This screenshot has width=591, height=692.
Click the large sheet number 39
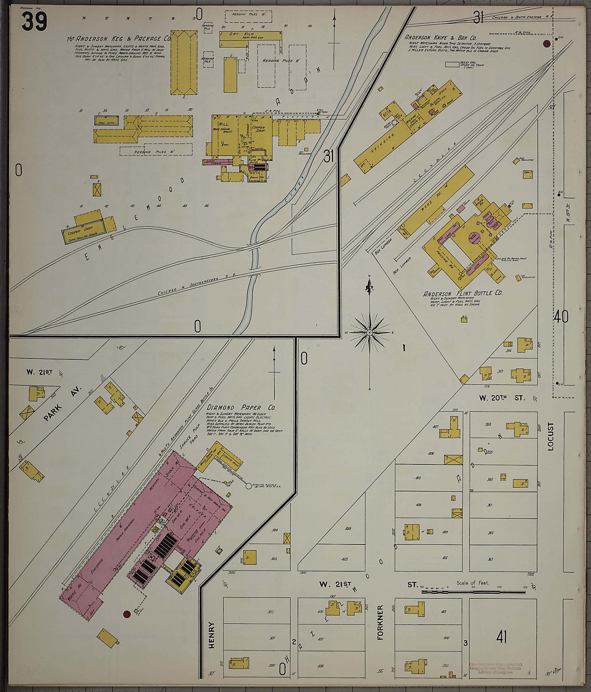coord(34,21)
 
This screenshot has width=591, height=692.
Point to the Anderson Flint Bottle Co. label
coord(463,293)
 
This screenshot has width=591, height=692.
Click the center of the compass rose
coord(369,333)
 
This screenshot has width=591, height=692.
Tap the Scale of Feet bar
coord(473,592)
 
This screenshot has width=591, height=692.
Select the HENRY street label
coord(211,635)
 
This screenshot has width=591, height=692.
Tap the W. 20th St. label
coord(502,398)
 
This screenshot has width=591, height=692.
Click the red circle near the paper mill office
coord(126,614)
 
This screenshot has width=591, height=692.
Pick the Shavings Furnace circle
coord(249,486)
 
